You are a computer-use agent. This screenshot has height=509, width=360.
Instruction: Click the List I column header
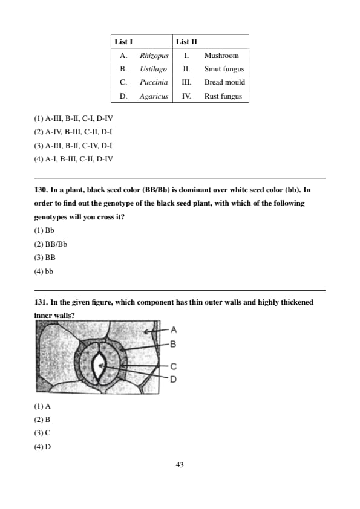[123, 42]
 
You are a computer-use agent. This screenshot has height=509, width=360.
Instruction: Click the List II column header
[186, 42]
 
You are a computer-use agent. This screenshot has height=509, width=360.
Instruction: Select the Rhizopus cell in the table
[154, 56]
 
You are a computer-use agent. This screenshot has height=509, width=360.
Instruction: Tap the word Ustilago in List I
[153, 69]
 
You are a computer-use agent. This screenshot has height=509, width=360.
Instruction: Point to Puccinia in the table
[154, 82]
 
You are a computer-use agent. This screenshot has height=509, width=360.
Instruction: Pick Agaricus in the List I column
[154, 96]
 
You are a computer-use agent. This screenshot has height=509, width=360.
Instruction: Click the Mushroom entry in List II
[221, 56]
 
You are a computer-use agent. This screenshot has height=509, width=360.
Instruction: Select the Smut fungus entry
[224, 69]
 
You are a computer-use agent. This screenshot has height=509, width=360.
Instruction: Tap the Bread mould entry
[224, 82]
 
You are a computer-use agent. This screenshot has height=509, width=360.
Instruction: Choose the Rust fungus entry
[223, 96]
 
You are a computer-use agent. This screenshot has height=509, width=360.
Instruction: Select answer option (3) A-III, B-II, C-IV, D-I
[73, 146]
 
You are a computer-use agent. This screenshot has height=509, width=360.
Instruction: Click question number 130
[41, 190]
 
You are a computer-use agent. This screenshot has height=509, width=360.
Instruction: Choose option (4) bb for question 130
[44, 271]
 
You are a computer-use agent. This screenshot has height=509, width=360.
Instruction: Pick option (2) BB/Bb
[50, 244]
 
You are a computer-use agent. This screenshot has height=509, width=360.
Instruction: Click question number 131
[41, 302]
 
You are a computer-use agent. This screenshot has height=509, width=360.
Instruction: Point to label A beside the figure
[174, 330]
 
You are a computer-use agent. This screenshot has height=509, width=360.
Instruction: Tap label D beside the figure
[174, 379]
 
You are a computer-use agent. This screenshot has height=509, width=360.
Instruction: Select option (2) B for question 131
[42, 420]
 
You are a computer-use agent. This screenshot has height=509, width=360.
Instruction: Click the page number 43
[180, 465]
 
